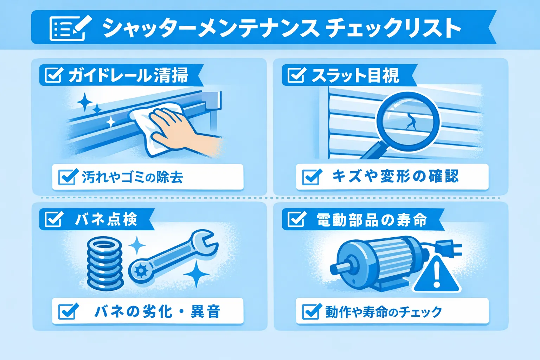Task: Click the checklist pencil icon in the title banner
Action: click(70, 28)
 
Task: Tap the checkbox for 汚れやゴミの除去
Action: click(68, 177)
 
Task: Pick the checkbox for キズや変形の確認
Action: click(312, 177)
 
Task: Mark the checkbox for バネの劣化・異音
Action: click(68, 311)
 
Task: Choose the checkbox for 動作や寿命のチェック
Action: click(312, 311)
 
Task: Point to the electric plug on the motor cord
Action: click(448, 248)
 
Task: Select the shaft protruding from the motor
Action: click(340, 268)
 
